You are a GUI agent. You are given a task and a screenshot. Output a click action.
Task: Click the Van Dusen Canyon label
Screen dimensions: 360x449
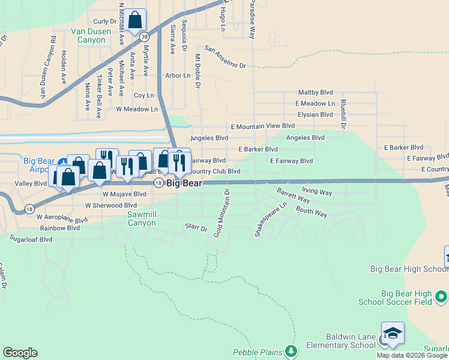point(92,35)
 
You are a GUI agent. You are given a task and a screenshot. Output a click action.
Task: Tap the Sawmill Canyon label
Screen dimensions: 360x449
point(141,218)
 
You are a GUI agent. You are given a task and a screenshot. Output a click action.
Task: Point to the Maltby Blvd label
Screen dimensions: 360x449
point(316,93)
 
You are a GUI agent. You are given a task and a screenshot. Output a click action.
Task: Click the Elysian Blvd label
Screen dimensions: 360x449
point(315,115)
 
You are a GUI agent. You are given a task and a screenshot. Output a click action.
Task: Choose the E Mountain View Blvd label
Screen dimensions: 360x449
point(263,126)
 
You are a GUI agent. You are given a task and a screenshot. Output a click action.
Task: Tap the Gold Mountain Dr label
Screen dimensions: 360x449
point(221,212)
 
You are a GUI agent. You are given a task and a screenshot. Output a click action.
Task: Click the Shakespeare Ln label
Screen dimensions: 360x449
point(271,220)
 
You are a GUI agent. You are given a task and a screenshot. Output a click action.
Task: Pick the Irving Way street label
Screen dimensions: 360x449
point(317,192)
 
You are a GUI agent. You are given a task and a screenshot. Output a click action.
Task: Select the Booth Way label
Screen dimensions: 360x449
point(312,212)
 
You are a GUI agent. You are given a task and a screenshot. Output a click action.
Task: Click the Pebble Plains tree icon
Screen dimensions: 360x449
point(291,350)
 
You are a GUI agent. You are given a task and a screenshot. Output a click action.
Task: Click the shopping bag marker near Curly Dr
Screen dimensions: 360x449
point(135,20)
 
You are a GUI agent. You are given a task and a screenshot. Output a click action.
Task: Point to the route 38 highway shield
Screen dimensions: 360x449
point(145,37)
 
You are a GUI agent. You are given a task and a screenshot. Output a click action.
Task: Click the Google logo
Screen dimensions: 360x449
point(20,353)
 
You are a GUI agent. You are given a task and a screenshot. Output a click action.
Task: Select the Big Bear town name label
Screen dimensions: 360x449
point(184,183)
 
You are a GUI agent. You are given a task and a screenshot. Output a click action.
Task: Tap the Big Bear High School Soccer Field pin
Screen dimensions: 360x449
point(441,296)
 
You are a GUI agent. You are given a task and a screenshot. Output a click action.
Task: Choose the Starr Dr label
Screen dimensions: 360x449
point(196,229)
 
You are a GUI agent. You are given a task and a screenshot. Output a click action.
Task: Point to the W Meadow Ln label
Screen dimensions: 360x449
point(137,109)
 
